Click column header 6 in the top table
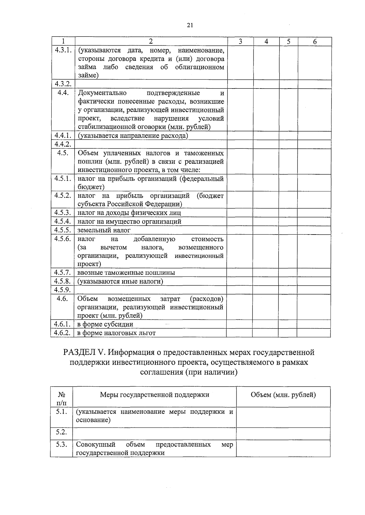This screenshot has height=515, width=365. point(315,42)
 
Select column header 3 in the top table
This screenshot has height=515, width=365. point(240,42)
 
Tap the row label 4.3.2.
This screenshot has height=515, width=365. point(63,84)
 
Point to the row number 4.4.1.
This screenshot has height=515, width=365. point(63,136)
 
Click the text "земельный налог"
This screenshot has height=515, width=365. point(104,230)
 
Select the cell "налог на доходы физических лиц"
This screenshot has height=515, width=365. point(129,213)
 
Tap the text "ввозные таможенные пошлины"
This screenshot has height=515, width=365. point(126,273)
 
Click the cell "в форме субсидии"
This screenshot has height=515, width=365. point(105,324)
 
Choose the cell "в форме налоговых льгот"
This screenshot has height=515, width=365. point(116,333)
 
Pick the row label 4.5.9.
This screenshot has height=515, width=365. point(63,290)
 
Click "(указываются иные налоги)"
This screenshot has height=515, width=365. point(120,281)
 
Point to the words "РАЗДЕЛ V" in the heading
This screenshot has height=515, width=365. point(84,353)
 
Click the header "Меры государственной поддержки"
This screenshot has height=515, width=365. point(155,395)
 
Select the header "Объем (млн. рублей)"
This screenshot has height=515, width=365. point(283,395)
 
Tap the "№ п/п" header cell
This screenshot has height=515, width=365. point(62,398)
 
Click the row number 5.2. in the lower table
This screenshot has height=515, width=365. point(61,432)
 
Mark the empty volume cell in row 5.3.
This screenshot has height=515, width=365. point(283,448)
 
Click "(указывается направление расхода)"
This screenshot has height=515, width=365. point(133,136)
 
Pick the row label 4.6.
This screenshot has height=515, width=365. point(62,298)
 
